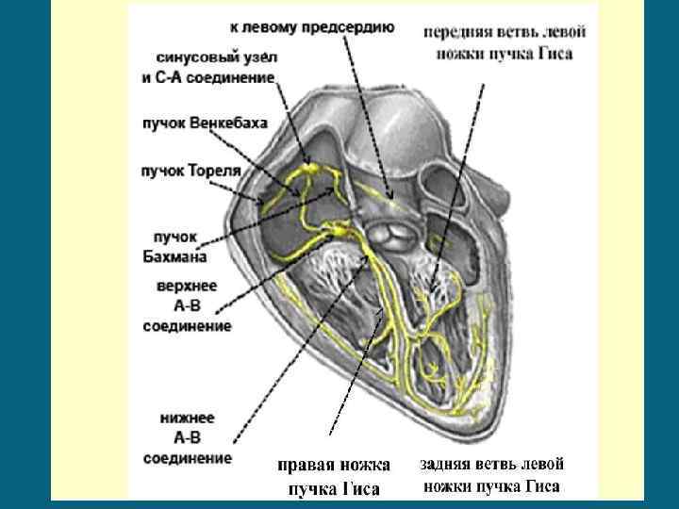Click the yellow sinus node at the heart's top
(x=306, y=171)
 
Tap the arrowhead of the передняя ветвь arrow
(x=430, y=288)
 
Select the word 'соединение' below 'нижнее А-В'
(x=187, y=458)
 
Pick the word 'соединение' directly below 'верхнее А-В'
(x=187, y=326)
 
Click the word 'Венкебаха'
(x=228, y=123)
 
